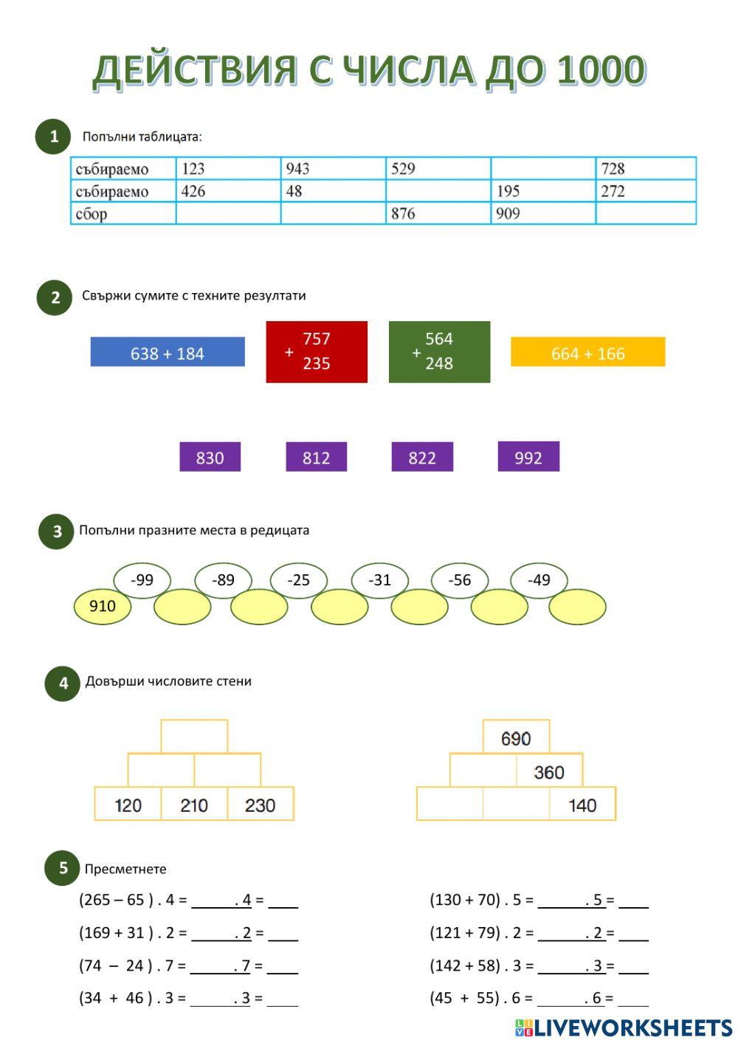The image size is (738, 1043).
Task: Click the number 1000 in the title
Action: tap(601, 71)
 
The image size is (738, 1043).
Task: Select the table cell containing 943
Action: tap(334, 168)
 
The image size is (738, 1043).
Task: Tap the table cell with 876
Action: tap(438, 213)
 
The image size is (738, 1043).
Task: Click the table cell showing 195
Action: tap(543, 191)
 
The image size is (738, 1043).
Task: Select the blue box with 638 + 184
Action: tap(168, 351)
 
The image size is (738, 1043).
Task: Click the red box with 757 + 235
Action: tap(317, 351)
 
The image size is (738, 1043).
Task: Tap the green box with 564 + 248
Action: tap(440, 351)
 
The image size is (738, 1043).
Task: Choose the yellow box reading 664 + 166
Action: tap(588, 351)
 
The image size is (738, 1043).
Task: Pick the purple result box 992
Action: tap(528, 456)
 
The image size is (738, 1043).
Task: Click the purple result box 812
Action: tap(316, 456)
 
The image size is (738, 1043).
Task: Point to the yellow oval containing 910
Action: tap(103, 606)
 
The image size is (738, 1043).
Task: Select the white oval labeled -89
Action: tap(223, 579)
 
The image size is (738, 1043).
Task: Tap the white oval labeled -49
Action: tap(539, 579)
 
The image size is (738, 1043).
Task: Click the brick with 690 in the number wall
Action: tap(517, 737)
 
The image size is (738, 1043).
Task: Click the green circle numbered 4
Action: tap(63, 684)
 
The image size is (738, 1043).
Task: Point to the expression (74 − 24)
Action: tap(116, 965)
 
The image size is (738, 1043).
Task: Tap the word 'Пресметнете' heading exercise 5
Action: tap(125, 869)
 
